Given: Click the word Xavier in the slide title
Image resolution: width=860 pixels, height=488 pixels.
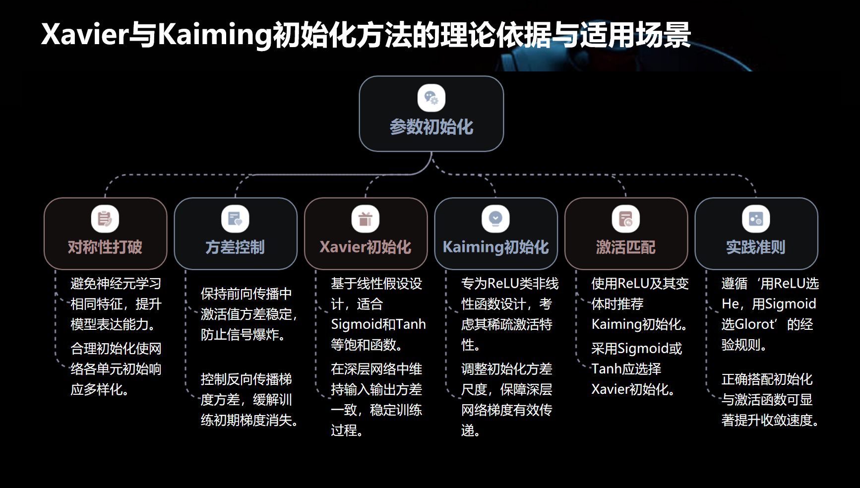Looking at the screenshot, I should click(85, 35).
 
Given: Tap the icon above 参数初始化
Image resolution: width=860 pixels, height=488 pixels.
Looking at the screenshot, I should click(431, 98).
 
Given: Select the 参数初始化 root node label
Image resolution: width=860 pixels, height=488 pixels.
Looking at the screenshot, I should click(431, 127).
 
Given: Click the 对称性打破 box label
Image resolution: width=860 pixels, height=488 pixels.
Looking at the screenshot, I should click(105, 247).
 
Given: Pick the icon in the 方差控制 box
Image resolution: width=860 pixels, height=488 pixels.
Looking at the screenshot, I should click(235, 219).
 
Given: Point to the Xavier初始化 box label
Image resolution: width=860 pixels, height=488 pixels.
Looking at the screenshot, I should click(366, 247).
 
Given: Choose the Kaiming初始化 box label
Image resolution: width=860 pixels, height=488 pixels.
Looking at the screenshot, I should click(495, 247).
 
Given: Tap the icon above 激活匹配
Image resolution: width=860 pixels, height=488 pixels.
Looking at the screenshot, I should click(625, 219).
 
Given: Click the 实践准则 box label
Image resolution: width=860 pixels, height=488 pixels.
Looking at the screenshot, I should click(755, 247).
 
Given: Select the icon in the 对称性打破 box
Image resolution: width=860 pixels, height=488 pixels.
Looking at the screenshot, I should click(105, 219).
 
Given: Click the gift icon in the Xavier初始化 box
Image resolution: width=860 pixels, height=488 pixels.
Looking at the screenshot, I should click(366, 219).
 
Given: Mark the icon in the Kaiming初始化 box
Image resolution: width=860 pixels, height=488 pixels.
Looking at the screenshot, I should click(495, 219).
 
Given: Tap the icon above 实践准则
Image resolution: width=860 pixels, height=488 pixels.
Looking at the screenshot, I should click(755, 219).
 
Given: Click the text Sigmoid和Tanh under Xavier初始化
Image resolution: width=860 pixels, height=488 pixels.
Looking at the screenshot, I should click(378, 324).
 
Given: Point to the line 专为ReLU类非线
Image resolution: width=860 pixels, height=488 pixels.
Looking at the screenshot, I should click(510, 284).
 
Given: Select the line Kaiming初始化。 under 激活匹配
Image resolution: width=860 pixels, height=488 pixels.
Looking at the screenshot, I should click(639, 324).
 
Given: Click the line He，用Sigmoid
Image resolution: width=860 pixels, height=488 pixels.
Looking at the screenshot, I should click(769, 304).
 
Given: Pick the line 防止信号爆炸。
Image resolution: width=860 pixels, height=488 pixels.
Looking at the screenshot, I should click(244, 335).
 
